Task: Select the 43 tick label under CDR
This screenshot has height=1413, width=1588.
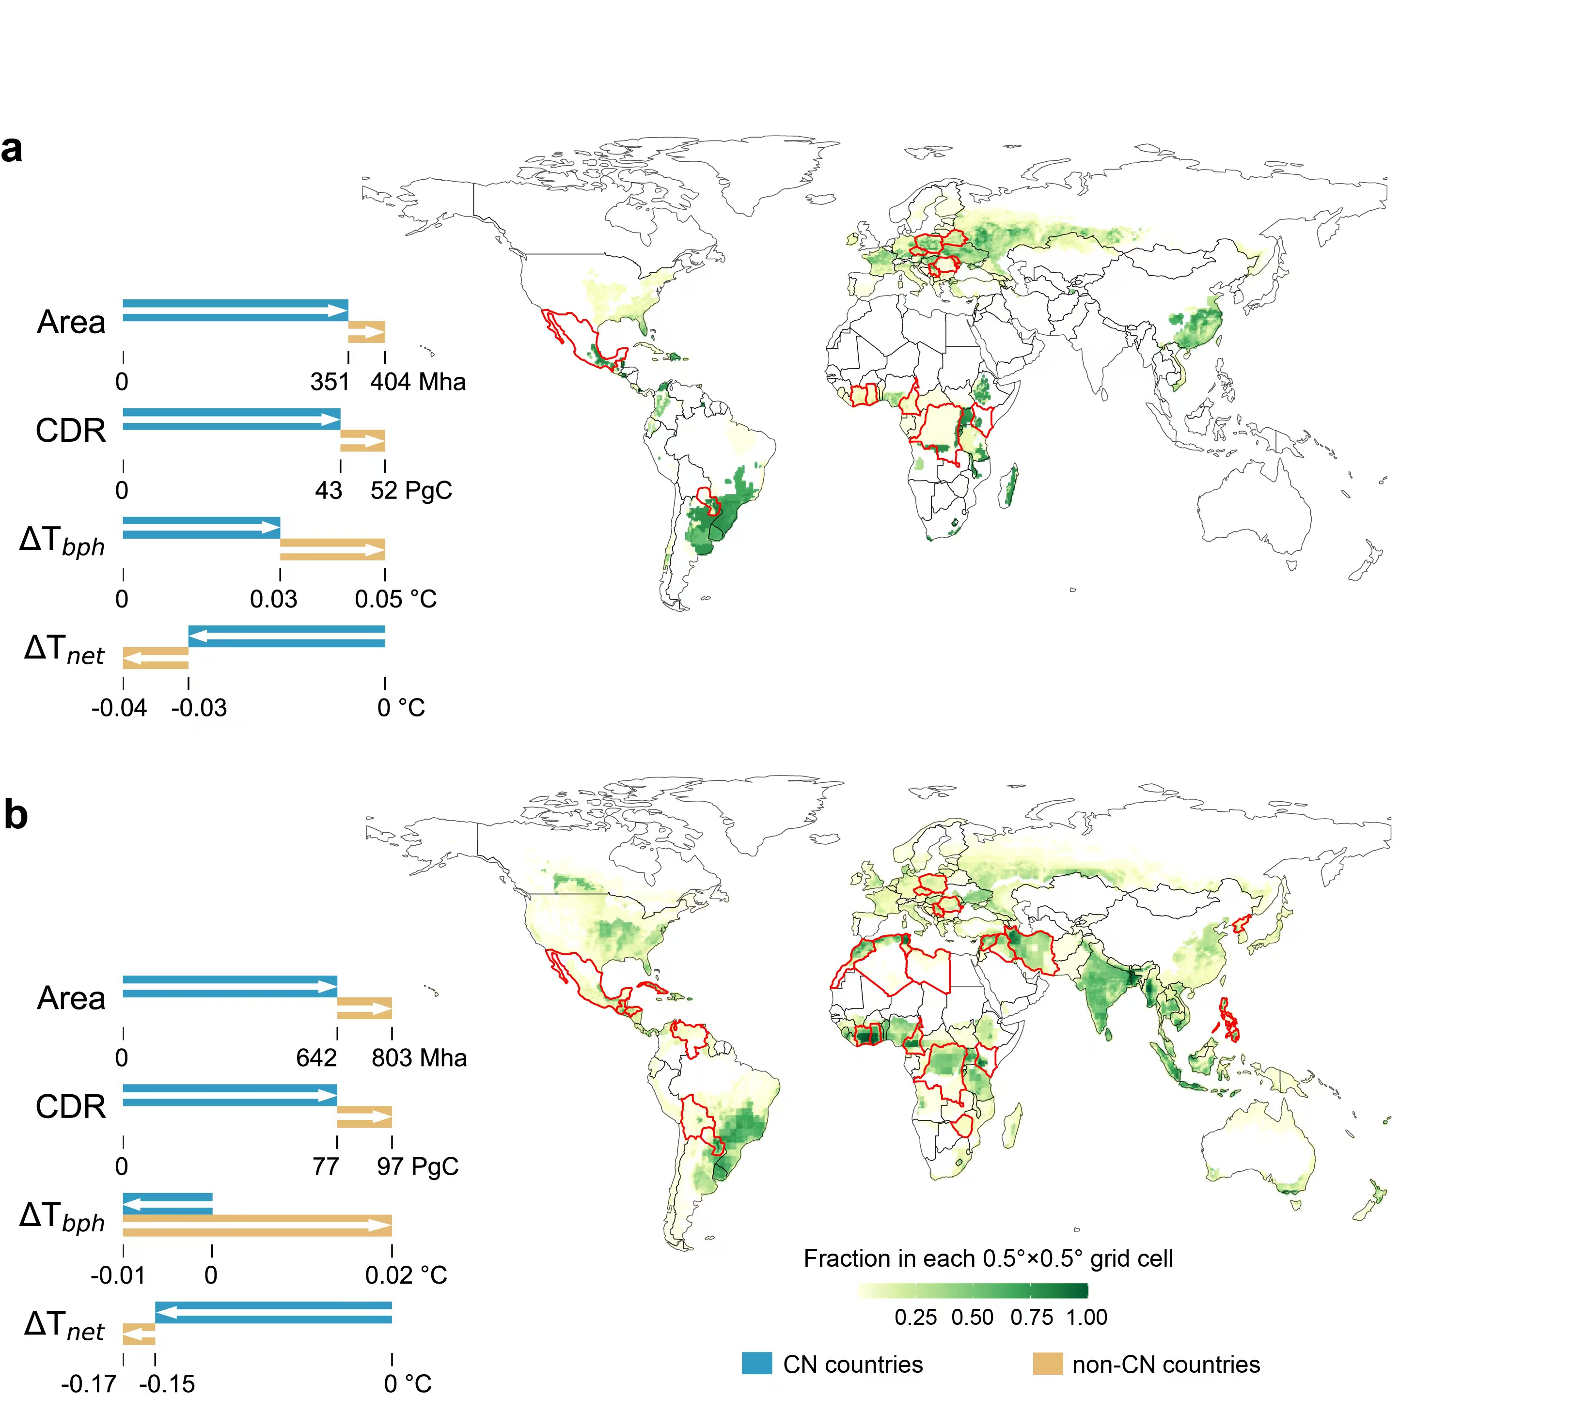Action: pos(329,490)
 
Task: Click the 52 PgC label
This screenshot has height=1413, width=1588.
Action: pos(411,490)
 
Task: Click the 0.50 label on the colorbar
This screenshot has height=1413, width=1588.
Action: pos(972,1318)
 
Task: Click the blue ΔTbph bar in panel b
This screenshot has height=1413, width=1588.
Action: pos(168,1204)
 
